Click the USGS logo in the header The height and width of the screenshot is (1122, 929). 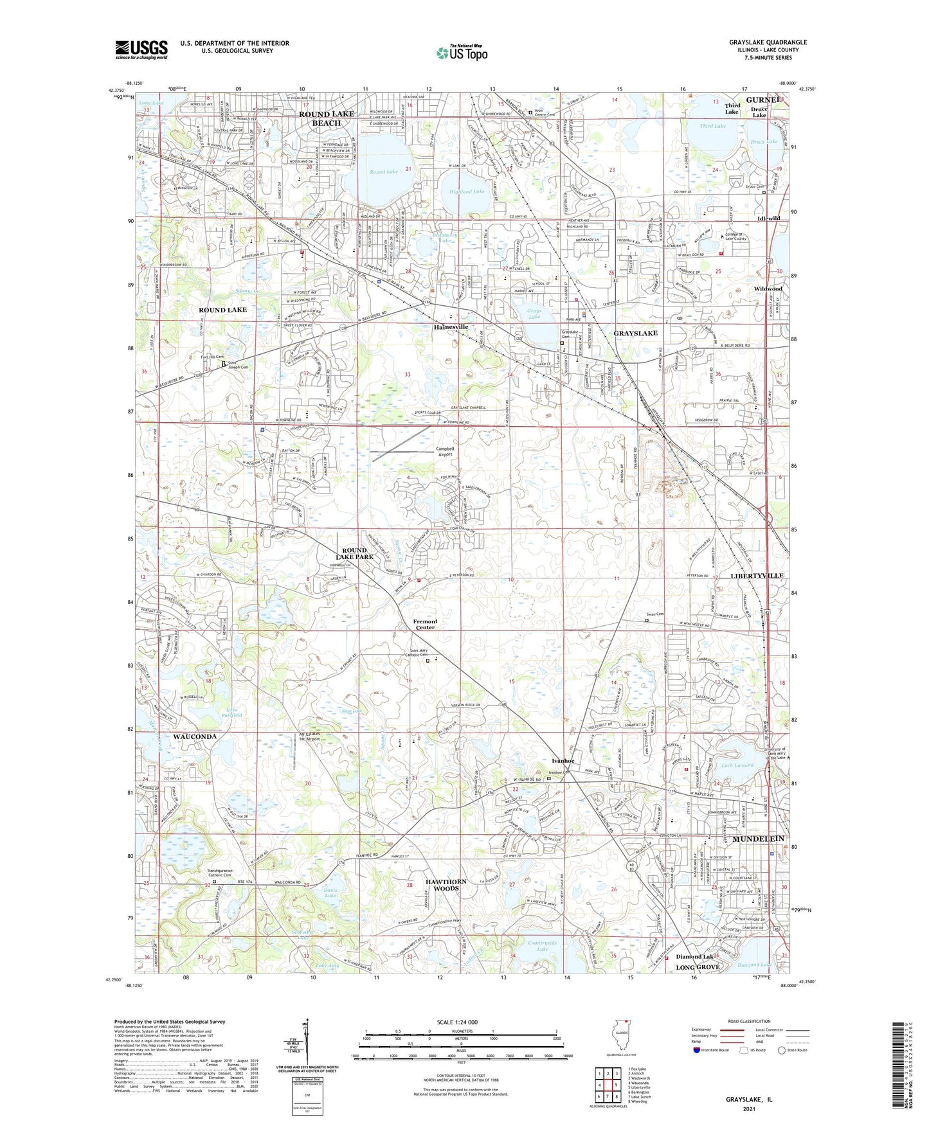(x=141, y=49)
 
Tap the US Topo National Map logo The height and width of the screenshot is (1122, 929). (x=462, y=52)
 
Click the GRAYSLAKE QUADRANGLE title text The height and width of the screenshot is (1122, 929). (x=768, y=42)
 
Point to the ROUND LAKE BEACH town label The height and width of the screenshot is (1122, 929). (x=327, y=118)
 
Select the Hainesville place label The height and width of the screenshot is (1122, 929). (x=451, y=327)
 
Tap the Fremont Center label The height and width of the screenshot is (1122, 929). (x=425, y=624)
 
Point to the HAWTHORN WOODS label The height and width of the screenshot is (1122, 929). (x=446, y=885)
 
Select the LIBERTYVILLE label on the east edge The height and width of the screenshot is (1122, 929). (x=757, y=575)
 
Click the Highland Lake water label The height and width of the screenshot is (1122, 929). (x=467, y=191)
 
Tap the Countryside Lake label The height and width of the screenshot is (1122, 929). (x=542, y=946)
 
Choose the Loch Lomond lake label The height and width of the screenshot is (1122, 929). (x=737, y=765)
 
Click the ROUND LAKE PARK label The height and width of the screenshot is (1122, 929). (x=354, y=553)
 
